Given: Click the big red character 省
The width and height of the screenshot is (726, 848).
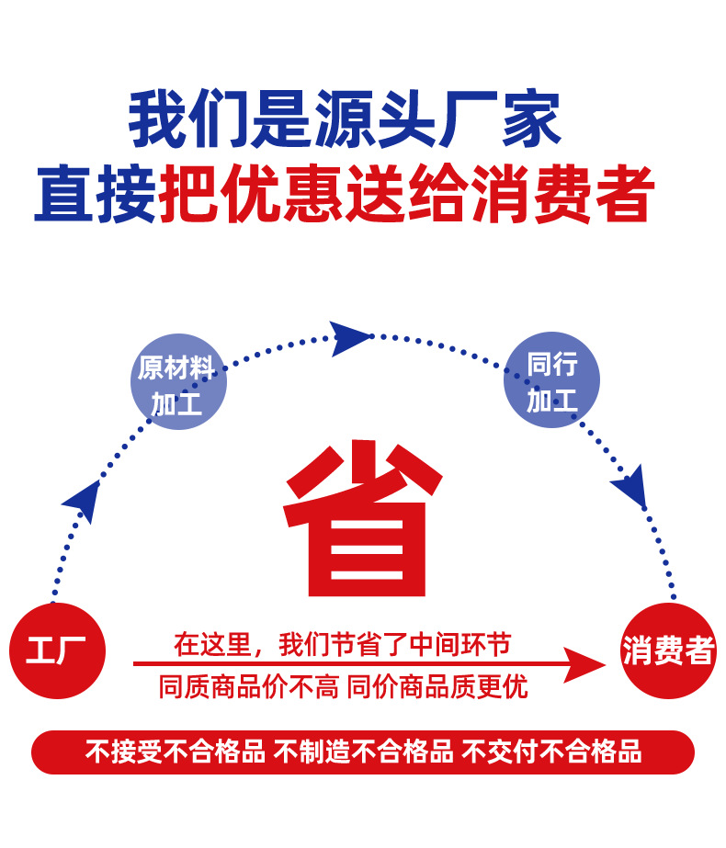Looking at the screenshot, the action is click(x=361, y=522).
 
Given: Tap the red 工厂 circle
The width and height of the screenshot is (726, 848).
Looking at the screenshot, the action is click(x=57, y=650).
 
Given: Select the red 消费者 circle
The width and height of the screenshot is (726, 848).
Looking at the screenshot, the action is click(x=668, y=650).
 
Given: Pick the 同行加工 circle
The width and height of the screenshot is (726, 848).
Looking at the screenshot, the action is click(x=551, y=379).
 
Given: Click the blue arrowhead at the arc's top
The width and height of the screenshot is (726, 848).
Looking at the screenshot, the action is click(x=350, y=337).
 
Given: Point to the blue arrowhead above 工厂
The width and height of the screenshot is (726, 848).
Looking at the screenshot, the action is click(x=83, y=500).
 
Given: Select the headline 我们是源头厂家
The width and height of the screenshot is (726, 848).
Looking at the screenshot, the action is click(x=345, y=121).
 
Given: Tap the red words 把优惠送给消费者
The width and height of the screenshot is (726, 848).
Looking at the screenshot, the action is click(x=406, y=195).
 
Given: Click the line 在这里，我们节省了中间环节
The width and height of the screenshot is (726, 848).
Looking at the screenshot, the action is click(x=342, y=644).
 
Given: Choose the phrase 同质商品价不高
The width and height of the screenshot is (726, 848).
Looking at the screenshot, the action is click(x=248, y=686).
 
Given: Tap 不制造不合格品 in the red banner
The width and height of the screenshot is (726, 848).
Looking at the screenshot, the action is click(x=364, y=752).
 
